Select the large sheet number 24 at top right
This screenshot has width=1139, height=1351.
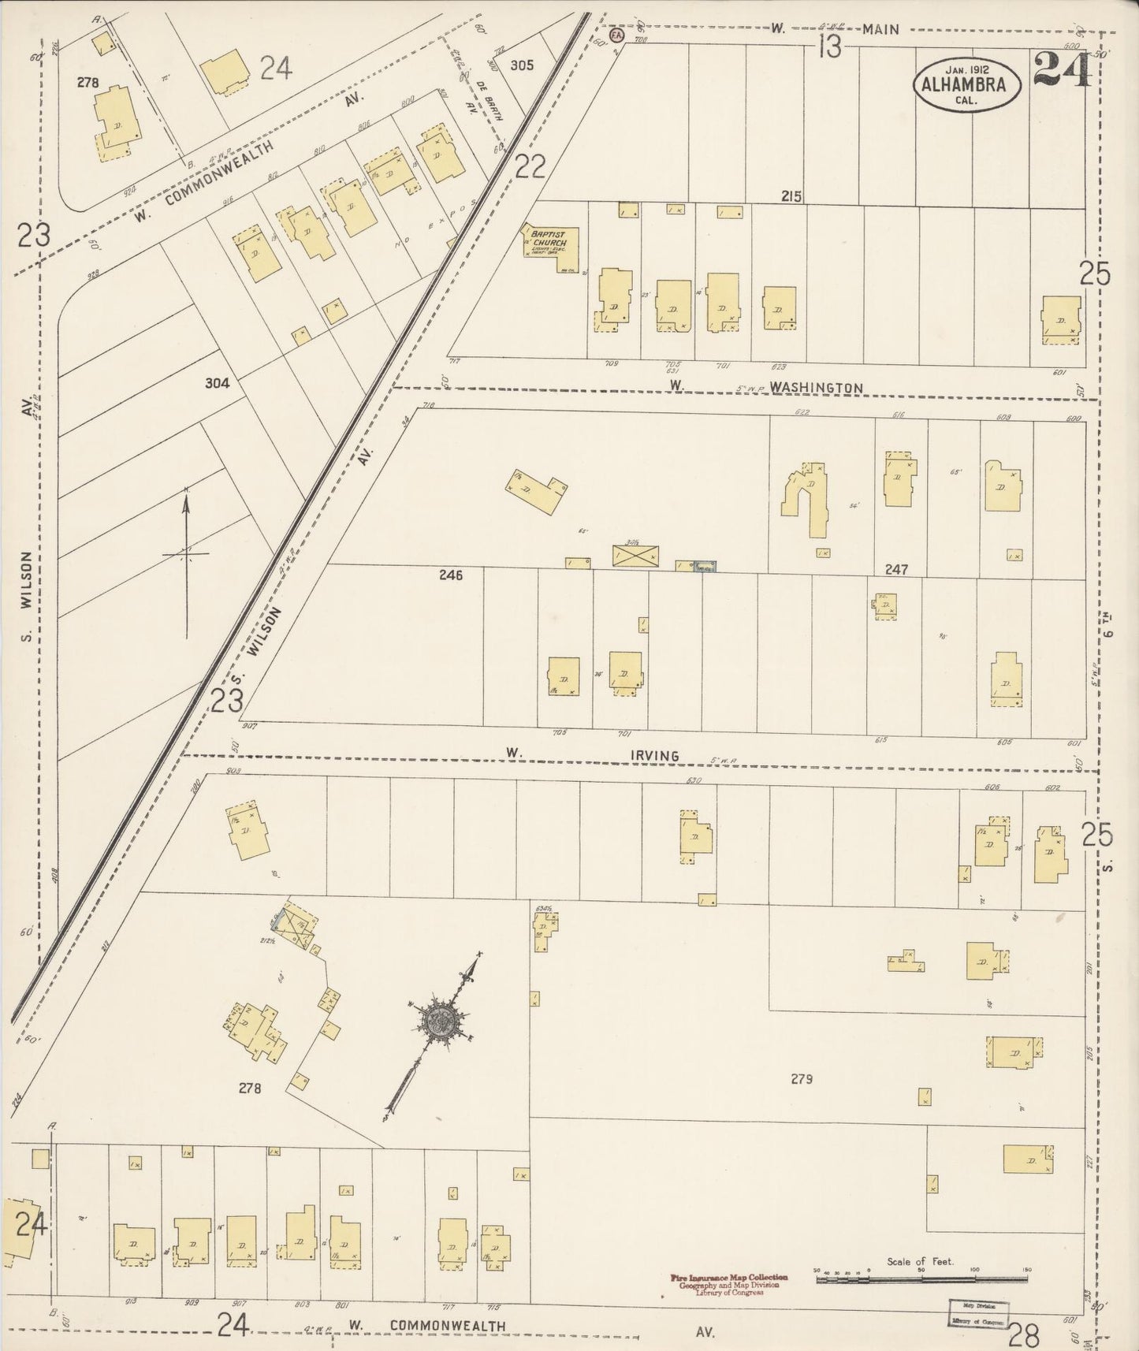[x=1062, y=69]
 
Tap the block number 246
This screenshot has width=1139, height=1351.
[x=451, y=575]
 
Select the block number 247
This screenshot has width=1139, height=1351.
[x=896, y=569]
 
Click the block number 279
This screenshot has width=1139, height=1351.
[x=801, y=1079]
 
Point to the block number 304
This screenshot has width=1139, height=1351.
[x=217, y=383]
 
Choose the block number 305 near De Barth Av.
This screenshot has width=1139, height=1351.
[x=521, y=65]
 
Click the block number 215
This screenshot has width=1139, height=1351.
[x=791, y=196]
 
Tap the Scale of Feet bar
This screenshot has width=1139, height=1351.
[x=920, y=1280]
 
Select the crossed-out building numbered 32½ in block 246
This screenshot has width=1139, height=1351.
[x=635, y=556]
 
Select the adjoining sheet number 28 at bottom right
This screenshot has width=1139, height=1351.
[x=1023, y=1334]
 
